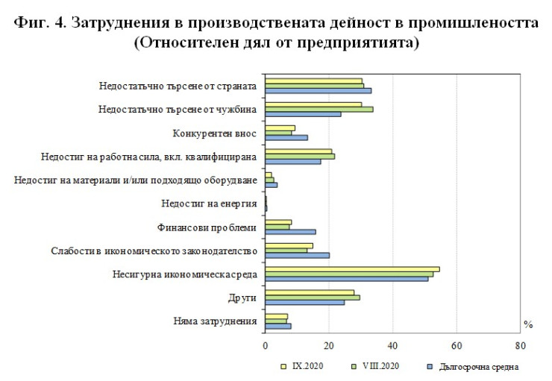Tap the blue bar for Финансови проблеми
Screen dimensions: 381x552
click(290, 232)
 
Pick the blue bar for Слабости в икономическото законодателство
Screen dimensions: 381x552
click(297, 255)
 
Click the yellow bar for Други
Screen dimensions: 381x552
click(310, 292)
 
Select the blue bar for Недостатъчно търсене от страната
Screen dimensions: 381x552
click(318, 91)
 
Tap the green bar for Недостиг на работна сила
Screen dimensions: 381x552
click(300, 156)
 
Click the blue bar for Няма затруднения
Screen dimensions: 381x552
click(278, 326)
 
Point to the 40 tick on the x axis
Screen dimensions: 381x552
click(392, 346)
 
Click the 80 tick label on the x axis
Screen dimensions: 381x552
click(520, 346)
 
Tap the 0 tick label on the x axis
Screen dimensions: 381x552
click(266, 346)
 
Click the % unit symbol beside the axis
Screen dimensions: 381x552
click(528, 324)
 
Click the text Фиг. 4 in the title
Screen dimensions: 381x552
click(42, 22)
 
